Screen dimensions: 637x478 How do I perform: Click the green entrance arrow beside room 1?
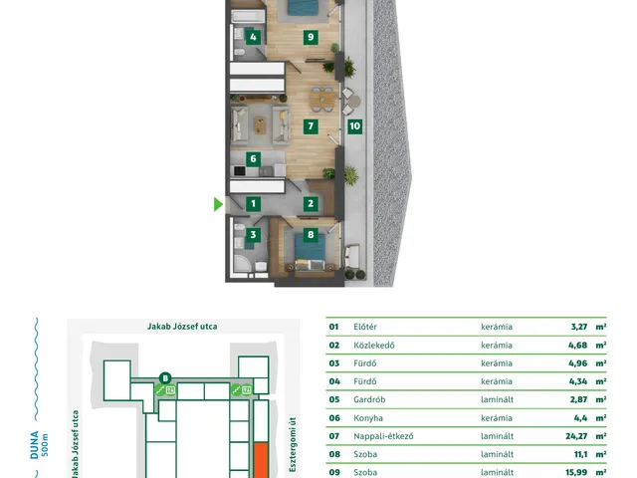[218, 204]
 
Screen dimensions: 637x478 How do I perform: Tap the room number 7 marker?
[311, 126]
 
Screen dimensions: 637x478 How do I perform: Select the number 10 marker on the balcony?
[355, 126]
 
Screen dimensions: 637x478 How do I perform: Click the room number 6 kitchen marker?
[253, 158]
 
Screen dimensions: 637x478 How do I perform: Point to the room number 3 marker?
[253, 234]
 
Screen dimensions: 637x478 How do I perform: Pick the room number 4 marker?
[253, 37]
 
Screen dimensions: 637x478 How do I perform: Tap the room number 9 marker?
[311, 37]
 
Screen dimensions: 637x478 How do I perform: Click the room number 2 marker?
[311, 203]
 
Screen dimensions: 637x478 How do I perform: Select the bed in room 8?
[310, 252]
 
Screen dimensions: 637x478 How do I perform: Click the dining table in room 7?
[322, 99]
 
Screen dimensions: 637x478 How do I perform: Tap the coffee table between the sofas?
[260, 124]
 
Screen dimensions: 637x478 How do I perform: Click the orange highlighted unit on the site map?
[261, 460]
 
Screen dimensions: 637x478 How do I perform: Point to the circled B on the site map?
[165, 378]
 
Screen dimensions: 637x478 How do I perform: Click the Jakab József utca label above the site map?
[182, 327]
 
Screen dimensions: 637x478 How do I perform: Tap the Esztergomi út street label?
[293, 444]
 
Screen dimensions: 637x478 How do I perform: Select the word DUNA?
[34, 445]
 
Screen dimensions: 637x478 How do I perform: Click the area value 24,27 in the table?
[576, 436]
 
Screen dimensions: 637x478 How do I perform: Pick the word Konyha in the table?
[368, 418]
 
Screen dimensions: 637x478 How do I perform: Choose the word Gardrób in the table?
[369, 399]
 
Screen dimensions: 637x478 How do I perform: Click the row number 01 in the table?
[334, 327]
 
